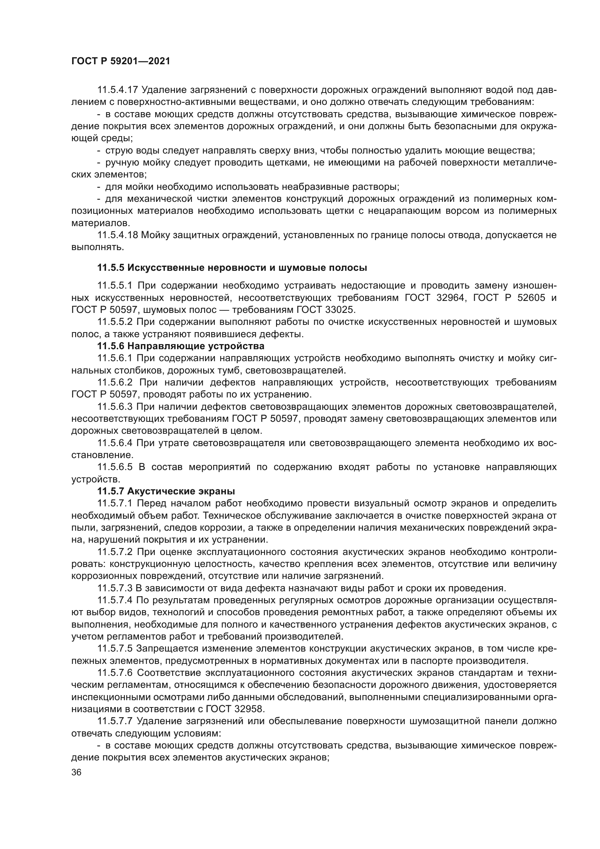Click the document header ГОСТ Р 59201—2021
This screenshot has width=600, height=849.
pos(120,61)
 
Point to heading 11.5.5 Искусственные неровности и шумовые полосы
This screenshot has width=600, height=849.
pos(232,268)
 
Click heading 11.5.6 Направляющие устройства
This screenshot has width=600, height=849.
pos(181,347)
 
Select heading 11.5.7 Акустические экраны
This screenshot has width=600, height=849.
pos(166,491)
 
